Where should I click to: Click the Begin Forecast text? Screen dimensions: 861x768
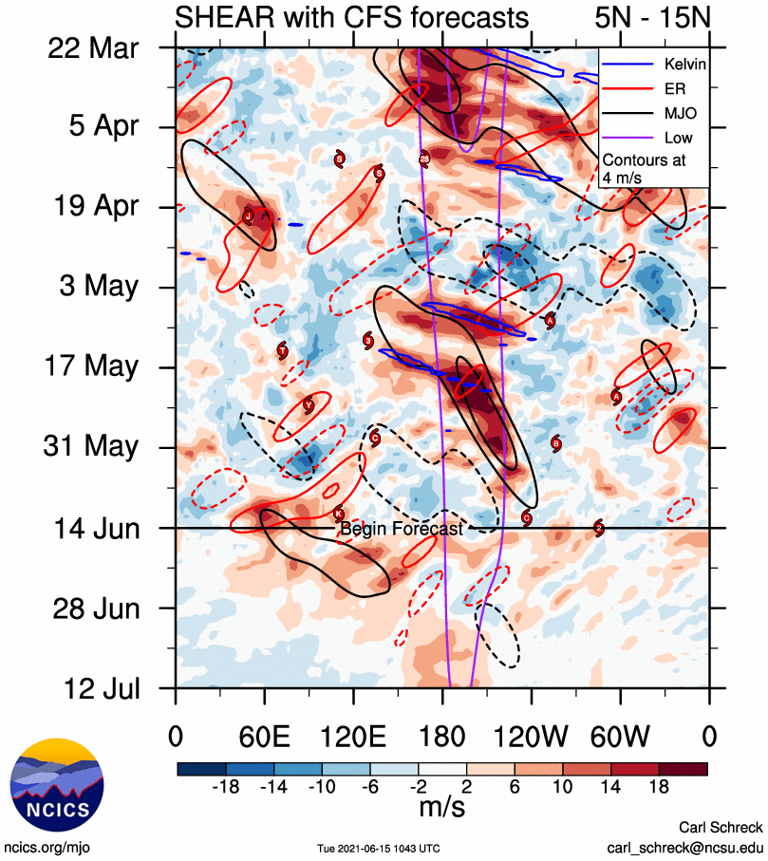pyautogui.click(x=402, y=530)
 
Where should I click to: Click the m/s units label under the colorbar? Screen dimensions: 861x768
pyautogui.click(x=442, y=807)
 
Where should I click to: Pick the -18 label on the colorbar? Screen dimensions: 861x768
pyautogui.click(x=225, y=786)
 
